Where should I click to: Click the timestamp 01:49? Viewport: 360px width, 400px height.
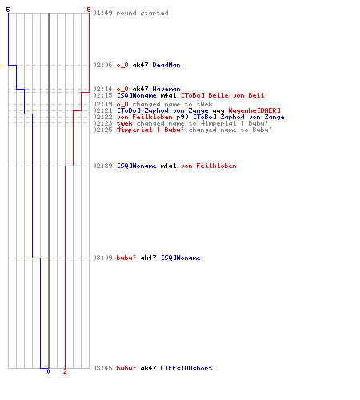pos(102,13)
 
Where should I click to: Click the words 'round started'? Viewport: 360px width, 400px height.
pos(142,13)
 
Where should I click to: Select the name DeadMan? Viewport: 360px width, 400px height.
pos(166,65)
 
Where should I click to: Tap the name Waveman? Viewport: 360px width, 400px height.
pos(166,89)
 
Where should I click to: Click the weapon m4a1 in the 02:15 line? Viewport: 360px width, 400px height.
pos(168,95)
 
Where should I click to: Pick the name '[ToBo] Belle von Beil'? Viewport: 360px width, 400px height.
pos(222,95)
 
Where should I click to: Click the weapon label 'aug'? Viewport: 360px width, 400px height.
pos(218,111)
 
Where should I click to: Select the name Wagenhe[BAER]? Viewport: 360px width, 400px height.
pos(254,110)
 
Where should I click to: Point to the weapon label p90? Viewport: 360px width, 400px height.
pos(182,117)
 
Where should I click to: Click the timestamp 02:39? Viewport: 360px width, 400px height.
pos(102,166)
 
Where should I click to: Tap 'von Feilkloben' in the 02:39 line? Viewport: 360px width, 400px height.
pos(209,166)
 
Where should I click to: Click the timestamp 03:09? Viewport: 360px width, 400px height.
pos(102,258)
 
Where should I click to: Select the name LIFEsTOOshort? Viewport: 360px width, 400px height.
pos(186,368)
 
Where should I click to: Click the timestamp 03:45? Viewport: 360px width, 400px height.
pos(102,368)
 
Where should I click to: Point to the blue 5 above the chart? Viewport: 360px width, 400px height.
pos(8,10)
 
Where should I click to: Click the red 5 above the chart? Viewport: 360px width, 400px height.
pos(89,10)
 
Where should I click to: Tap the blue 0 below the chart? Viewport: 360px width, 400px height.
pos(48,371)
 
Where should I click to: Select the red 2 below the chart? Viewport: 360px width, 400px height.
pos(65,371)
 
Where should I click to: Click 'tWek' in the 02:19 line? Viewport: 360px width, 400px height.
pos(204,104)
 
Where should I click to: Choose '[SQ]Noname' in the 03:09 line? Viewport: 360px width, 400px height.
pos(181,258)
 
